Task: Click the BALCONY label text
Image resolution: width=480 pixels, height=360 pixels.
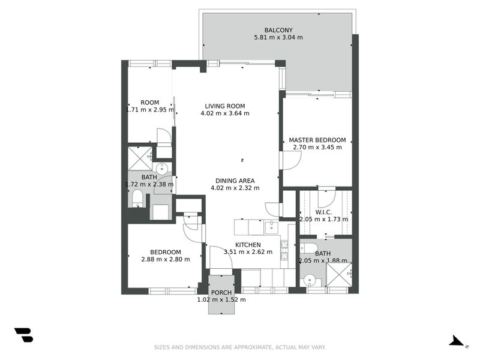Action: tap(278, 30)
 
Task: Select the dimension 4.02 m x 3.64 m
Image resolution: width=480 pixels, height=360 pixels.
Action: tap(224, 113)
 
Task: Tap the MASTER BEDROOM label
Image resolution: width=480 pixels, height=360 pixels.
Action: tap(317, 140)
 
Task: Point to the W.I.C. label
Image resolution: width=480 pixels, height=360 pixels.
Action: tap(323, 212)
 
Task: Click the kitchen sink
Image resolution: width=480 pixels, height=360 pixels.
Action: tap(271, 227)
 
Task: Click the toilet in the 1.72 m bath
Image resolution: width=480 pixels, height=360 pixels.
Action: tap(137, 197)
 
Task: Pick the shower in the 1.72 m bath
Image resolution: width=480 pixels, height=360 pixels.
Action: tap(139, 158)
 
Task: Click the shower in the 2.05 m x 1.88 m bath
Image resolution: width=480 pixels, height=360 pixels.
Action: tap(339, 275)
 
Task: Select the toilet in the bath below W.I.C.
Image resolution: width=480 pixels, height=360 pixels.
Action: tap(308, 248)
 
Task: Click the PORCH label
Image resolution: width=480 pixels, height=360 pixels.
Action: tap(221, 292)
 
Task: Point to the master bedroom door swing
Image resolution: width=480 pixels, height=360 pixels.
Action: tap(292, 160)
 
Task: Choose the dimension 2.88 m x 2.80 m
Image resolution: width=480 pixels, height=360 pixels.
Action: tap(165, 259)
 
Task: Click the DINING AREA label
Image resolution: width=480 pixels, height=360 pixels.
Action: tap(235, 181)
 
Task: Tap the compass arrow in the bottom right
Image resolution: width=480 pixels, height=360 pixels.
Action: tap(457, 341)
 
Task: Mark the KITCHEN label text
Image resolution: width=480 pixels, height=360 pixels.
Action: tap(247, 244)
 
